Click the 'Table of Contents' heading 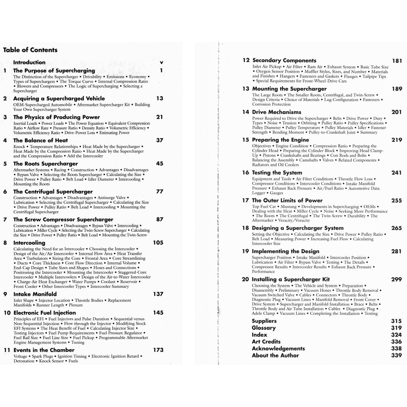tap(30, 50)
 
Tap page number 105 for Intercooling tap(158, 242)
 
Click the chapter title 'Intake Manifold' tap(35, 294)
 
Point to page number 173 tap(158, 350)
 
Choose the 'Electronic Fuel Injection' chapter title tap(45, 313)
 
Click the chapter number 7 tap(5, 219)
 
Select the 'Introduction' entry tap(29, 62)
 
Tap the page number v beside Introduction tap(161, 62)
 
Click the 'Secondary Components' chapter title tap(284, 60)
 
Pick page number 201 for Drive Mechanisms tap(396, 112)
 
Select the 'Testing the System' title tap(277, 172)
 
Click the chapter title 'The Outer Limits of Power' tap(287, 200)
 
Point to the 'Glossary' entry tap(264, 328)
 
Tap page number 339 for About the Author tap(396, 355)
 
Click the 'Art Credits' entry tap(266, 341)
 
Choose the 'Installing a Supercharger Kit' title tap(291, 279)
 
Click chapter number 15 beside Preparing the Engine tap(245, 140)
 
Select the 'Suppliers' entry tap(264, 321)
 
